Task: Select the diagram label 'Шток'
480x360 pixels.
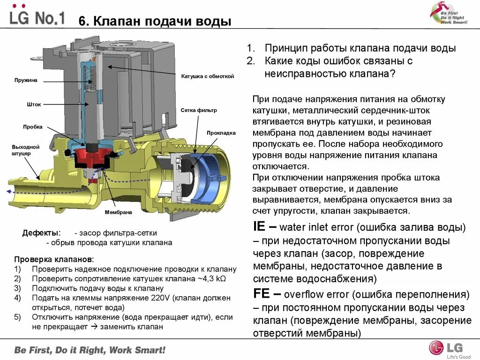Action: [34, 104]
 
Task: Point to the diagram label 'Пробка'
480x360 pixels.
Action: [33, 127]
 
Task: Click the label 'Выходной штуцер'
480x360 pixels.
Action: [26, 150]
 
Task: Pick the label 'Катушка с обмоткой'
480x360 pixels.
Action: [208, 76]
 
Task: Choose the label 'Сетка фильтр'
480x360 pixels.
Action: [199, 111]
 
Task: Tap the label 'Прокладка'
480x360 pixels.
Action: [221, 133]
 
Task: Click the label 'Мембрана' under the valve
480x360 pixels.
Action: [119, 212]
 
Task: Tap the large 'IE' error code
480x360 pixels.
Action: [260, 227]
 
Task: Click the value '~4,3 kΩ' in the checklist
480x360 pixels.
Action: [211, 279]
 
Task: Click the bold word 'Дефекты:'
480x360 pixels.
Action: [41, 233]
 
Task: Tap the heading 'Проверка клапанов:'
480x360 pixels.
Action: [54, 259]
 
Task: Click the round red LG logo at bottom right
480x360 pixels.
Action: [436, 347]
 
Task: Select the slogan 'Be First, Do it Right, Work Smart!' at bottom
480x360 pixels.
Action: [90, 350]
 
